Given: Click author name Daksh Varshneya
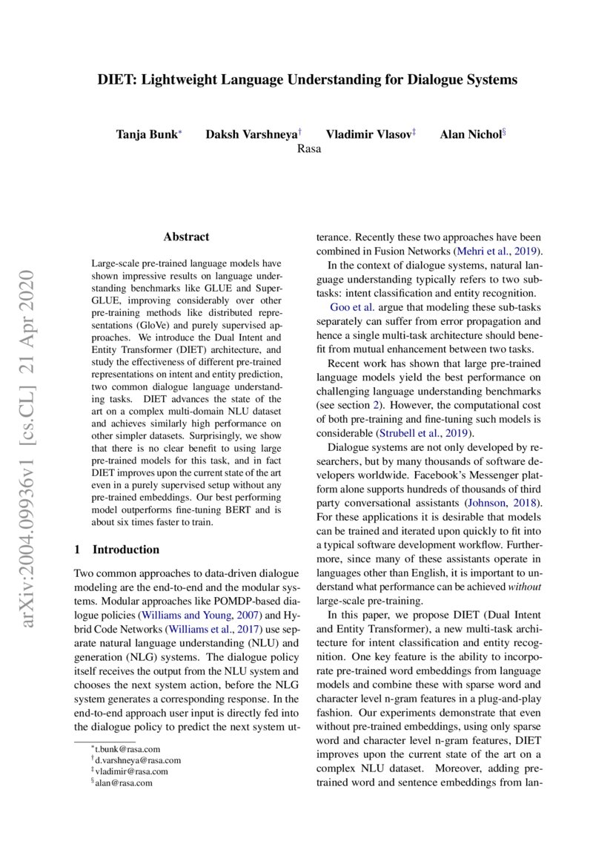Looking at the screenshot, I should point(251,134).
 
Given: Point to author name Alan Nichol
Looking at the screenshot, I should point(470,134).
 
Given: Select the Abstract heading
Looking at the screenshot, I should point(186,237).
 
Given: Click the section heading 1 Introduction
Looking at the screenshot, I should point(117,550).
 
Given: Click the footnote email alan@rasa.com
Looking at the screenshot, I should point(120,782).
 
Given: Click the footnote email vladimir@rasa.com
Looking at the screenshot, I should point(130,771).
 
